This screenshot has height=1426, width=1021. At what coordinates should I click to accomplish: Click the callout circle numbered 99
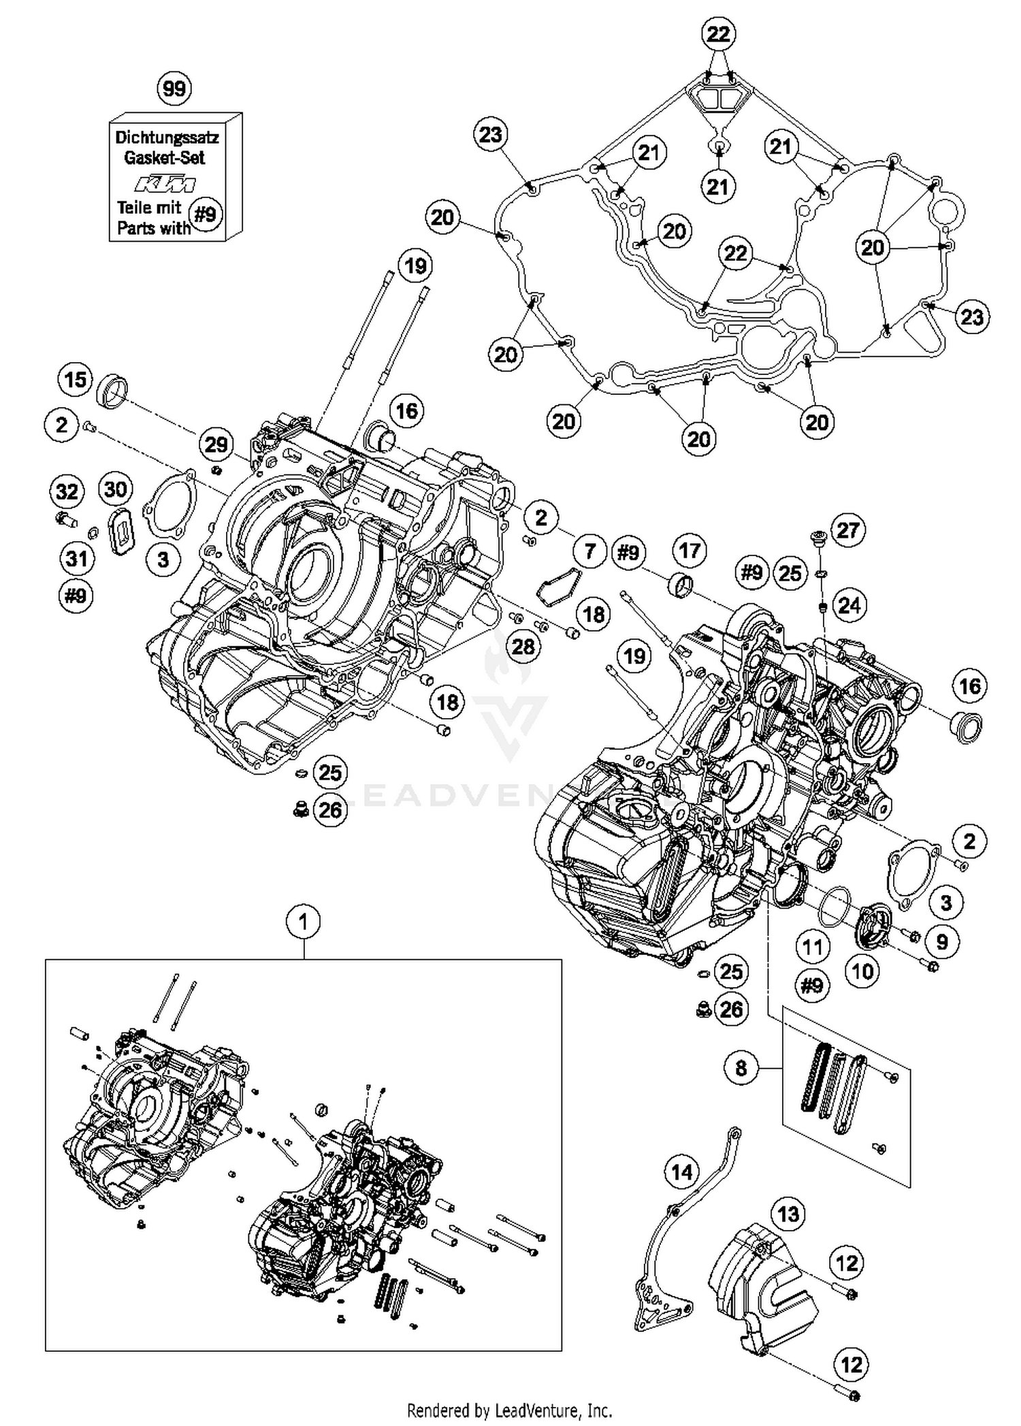pos(174,88)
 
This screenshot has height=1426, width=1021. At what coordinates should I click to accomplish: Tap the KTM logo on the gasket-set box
pos(165,184)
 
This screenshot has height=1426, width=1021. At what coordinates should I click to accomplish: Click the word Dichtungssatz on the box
pos(167,137)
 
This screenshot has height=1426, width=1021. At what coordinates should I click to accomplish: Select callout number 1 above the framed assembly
pos(304,922)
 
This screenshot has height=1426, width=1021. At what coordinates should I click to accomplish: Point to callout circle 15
pos(76,379)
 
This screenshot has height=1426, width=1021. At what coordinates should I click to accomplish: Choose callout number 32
pos(67,491)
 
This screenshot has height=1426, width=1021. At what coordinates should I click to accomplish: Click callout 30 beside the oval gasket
pos(116,489)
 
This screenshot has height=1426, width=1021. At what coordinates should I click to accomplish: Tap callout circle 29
pos(216,445)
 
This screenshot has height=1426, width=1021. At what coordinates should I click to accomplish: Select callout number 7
pos(589,551)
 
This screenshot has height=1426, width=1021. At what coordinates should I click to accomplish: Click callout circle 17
pos(690,550)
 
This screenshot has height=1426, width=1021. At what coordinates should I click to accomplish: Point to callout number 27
pos(847,530)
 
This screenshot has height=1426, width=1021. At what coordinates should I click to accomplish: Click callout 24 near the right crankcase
pos(849,604)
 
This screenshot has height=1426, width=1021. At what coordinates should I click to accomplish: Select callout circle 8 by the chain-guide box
pos(741,1067)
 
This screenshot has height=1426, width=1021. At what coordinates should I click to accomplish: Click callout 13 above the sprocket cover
pos(788,1214)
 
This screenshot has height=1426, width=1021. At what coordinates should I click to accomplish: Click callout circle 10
pos(862,971)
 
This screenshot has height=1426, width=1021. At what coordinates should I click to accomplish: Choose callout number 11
pos(812,946)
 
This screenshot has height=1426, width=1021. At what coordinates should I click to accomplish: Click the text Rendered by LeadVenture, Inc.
pos(510,1410)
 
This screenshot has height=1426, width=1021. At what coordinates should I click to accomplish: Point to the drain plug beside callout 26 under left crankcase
pos(299,809)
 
